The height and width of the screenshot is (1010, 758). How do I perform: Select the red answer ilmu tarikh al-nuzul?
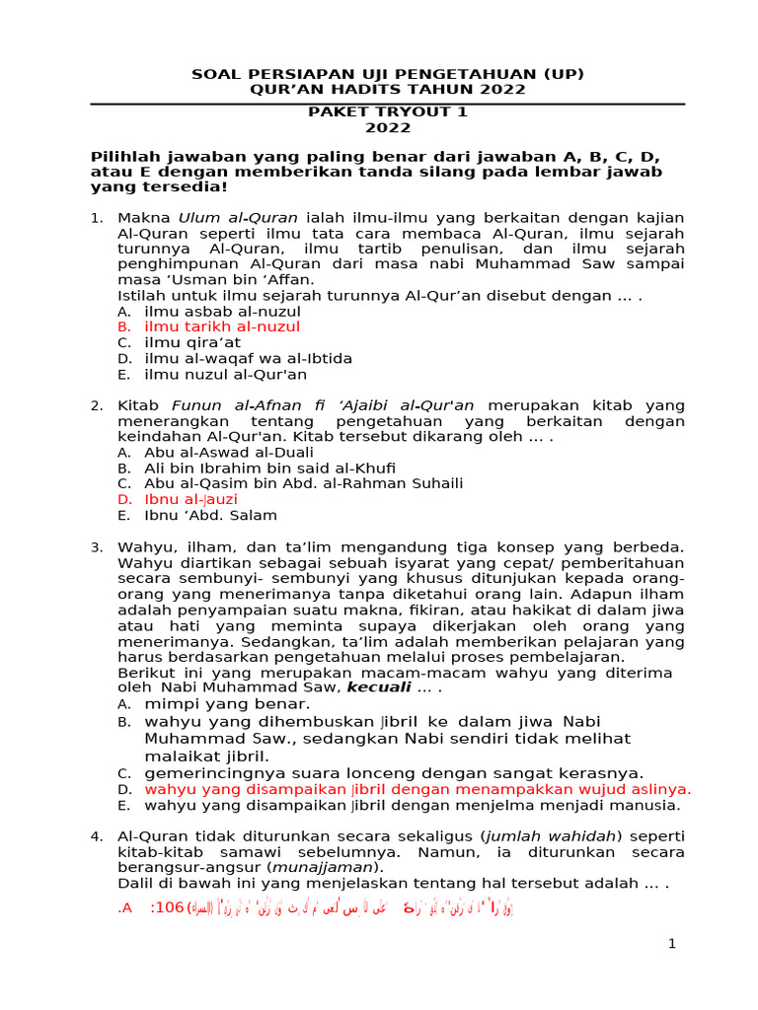coord(222,326)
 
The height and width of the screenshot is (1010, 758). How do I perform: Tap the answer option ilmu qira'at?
coord(191,342)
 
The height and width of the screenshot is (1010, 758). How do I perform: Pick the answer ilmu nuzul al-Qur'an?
coord(225,374)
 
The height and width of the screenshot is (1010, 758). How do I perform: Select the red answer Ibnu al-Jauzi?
coord(190,499)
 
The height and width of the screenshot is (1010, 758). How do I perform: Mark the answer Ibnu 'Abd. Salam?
coord(210,515)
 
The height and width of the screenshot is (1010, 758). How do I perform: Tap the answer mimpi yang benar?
coord(227,704)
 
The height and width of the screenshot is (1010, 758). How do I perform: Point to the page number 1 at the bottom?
coord(672,945)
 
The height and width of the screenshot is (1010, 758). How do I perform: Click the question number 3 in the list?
coord(96,546)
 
